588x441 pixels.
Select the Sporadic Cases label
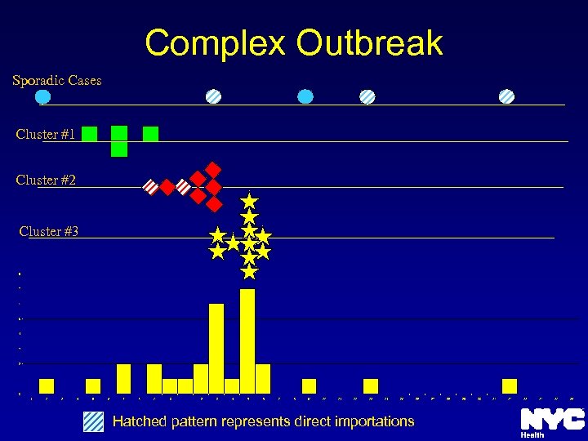click(57, 80)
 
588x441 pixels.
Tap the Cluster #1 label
click(46, 134)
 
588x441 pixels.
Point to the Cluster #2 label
click(46, 180)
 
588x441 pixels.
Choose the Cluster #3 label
click(49, 231)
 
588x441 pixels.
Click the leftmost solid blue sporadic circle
click(44, 96)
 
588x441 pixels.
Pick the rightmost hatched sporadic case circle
click(506, 96)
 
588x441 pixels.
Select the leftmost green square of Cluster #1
click(90, 134)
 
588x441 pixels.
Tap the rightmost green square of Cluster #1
click(150, 134)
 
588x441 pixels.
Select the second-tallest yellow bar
click(216, 349)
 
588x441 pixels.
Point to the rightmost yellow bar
click(510, 386)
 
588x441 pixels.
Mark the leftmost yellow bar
click(47, 386)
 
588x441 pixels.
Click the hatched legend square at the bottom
click(94, 421)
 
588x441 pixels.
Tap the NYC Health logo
click(552, 422)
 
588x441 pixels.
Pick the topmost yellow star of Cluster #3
click(249, 200)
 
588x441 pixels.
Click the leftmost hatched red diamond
click(151, 187)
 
